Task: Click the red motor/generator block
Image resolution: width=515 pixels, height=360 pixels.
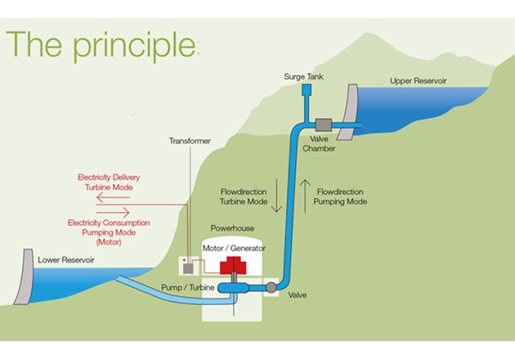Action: pyautogui.click(x=233, y=266)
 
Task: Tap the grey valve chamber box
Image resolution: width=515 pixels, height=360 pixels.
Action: pyautogui.click(x=324, y=125)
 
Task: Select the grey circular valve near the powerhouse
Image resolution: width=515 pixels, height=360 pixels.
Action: pyautogui.click(x=271, y=287)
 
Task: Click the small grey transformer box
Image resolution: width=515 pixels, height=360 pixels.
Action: pyautogui.click(x=188, y=269)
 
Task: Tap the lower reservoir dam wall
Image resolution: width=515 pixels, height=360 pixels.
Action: pyautogui.click(x=25, y=277)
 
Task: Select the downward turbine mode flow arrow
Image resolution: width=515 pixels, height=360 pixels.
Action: pyautogui.click(x=276, y=196)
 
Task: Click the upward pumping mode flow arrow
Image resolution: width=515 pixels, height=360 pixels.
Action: pyautogui.click(x=305, y=196)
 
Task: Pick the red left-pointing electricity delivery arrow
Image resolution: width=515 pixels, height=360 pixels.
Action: pyautogui.click(x=113, y=197)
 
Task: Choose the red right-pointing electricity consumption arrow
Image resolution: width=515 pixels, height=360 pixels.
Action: pyautogui.click(x=113, y=213)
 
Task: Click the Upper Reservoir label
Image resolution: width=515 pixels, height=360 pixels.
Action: pyautogui.click(x=418, y=81)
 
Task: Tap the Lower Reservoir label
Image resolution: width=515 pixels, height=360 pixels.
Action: pyautogui.click(x=66, y=259)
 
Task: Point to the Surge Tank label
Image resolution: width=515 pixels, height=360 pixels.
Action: pyautogui.click(x=303, y=77)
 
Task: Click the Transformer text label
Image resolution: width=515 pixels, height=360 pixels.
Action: pyautogui.click(x=190, y=141)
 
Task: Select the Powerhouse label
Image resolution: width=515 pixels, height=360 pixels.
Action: pyautogui.click(x=232, y=227)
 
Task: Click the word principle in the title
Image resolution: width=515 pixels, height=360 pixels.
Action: pyautogui.click(x=134, y=46)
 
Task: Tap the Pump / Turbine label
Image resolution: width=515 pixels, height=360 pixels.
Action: pyautogui.click(x=187, y=287)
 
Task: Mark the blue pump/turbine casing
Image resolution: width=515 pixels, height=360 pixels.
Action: pyautogui.click(x=234, y=288)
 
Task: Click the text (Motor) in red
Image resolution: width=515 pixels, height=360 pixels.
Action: pyautogui.click(x=109, y=242)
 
